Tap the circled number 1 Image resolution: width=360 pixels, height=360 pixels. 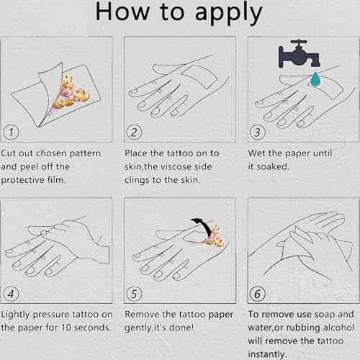coord(11,132)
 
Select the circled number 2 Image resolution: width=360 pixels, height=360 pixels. coord(134,132)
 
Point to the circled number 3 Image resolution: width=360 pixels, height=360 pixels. coord(258,132)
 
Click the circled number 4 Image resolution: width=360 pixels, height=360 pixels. coord(11,294)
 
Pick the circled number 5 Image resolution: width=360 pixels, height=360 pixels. coord(134,294)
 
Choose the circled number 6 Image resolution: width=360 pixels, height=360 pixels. coord(258,294)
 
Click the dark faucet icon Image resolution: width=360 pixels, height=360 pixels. coord(299,53)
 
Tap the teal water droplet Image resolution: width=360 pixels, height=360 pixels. coord(315,79)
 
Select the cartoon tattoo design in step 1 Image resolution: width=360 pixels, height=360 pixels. coord(71,92)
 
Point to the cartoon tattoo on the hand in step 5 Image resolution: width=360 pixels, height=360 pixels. coord(214,236)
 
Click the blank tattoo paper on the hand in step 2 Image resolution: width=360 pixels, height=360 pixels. coord(199,76)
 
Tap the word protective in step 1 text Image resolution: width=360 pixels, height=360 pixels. coord(22,180)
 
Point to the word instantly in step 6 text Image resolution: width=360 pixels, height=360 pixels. coord(267,354)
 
